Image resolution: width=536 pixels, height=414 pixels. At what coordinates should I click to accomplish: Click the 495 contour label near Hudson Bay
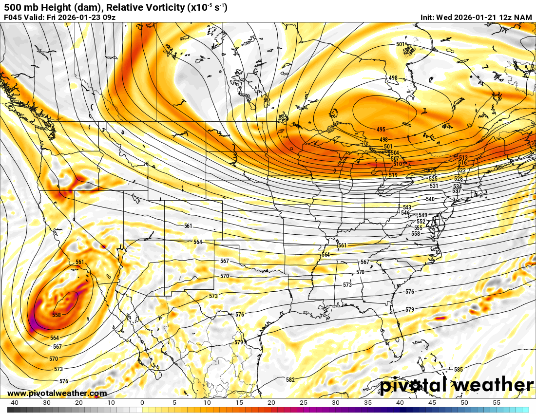click(381, 130)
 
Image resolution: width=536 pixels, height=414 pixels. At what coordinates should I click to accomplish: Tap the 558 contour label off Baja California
click(57, 315)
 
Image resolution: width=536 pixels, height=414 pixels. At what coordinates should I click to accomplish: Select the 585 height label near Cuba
click(458, 370)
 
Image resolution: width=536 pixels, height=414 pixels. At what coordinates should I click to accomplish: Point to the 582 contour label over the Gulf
click(290, 379)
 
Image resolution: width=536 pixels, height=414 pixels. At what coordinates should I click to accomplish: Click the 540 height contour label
click(430, 199)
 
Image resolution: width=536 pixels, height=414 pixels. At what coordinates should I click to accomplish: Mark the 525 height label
click(433, 179)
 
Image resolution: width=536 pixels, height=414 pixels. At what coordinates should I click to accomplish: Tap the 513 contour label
click(463, 158)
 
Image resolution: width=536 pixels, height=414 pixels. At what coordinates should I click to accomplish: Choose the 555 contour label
click(418, 228)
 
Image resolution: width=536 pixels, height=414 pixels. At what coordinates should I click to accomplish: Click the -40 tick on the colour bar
click(14, 403)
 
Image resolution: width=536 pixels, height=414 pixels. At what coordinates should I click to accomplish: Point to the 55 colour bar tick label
click(496, 403)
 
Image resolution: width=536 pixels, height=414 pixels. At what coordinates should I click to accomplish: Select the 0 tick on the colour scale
click(142, 403)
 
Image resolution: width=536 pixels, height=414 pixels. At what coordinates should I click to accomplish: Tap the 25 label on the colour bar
click(303, 403)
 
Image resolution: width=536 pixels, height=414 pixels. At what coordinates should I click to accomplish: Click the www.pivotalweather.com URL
click(57, 394)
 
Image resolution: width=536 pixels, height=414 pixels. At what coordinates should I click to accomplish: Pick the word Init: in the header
click(429, 18)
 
